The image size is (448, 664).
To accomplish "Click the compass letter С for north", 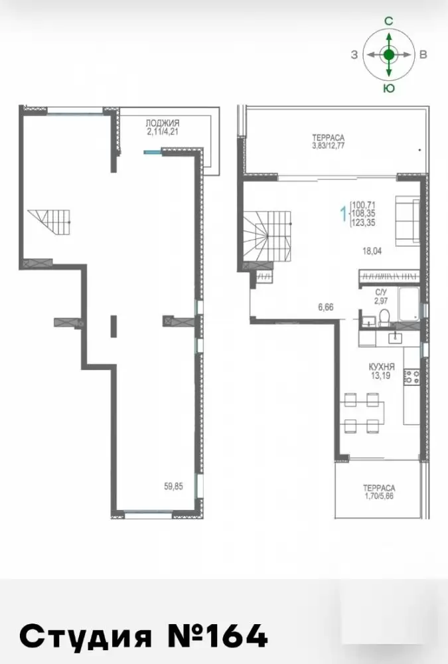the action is (x=389, y=22).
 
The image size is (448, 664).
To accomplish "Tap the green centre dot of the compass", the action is (x=389, y=54).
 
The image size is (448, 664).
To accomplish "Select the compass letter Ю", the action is (x=389, y=88).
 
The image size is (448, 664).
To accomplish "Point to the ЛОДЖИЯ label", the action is (x=163, y=123).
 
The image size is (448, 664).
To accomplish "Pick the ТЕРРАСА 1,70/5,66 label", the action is (x=379, y=492).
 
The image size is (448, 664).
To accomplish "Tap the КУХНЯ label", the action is (x=381, y=367).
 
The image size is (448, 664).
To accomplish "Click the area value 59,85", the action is (x=174, y=487).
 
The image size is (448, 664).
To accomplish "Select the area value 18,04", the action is (x=372, y=251).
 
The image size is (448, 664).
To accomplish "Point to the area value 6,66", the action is (x=326, y=307).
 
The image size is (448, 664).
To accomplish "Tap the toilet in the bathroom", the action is (x=384, y=317).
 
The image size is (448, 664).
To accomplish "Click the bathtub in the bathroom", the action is (x=408, y=304).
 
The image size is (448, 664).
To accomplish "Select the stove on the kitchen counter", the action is (x=411, y=377).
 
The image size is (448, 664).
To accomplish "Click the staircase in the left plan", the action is (x=49, y=222).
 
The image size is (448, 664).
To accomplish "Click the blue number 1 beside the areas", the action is (x=344, y=213).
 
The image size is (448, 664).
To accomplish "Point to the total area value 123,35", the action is (x=363, y=222).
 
